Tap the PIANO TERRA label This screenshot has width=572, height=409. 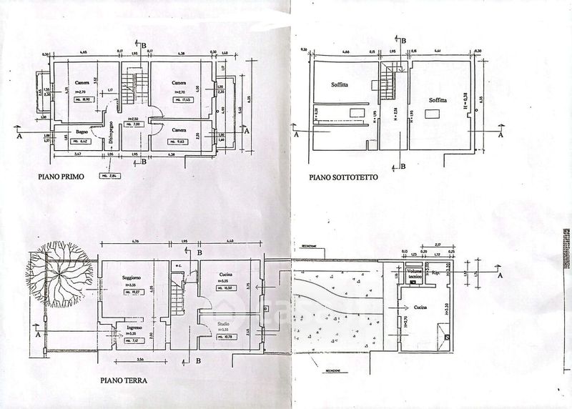coord(124,380)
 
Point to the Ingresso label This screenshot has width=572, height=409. coord(135,327)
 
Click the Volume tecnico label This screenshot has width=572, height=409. coord(415,274)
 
